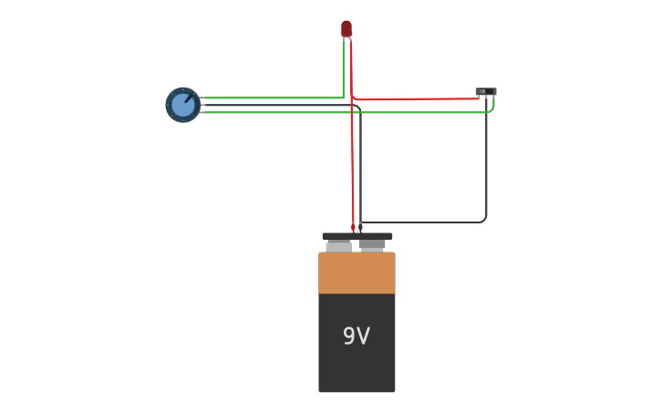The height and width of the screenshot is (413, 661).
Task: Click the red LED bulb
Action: pyautogui.click(x=346, y=28)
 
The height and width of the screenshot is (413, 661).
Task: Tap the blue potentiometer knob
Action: pyautogui.click(x=182, y=105)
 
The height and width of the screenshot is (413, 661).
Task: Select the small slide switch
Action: pyautogui.click(x=486, y=91)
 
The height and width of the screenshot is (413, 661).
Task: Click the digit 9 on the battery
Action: pyautogui.click(x=349, y=336)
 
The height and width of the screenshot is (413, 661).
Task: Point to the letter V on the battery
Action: pyautogui.click(x=364, y=336)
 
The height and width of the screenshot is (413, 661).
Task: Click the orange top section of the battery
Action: pyautogui.click(x=356, y=273)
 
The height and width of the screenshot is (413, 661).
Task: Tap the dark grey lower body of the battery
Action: pyautogui.click(x=356, y=365)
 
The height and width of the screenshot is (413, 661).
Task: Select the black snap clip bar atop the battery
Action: pyautogui.click(x=357, y=236)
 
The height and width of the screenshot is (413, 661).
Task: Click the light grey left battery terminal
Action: pyautogui.click(x=338, y=246)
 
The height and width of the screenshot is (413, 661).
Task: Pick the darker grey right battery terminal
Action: pyautogui.click(x=372, y=245)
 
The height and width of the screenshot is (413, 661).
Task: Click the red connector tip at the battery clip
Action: pyautogui.click(x=353, y=227)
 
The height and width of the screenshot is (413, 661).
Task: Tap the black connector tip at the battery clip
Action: pyautogui.click(x=360, y=227)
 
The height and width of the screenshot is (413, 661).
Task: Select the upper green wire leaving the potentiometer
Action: pyautogui.click(x=274, y=98)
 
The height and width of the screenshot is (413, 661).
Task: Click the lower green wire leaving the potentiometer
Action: pyautogui.click(x=274, y=112)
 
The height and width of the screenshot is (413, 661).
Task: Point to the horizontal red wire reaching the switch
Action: pyautogui.click(x=429, y=98)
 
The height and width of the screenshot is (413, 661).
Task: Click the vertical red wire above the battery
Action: pyautogui.click(x=352, y=164)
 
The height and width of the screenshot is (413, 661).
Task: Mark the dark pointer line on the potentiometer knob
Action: pyautogui.click(x=189, y=98)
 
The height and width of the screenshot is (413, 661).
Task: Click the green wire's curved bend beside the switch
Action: pyautogui.click(x=492, y=108)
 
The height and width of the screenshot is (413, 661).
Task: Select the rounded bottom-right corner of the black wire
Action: pyautogui.click(x=483, y=220)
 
